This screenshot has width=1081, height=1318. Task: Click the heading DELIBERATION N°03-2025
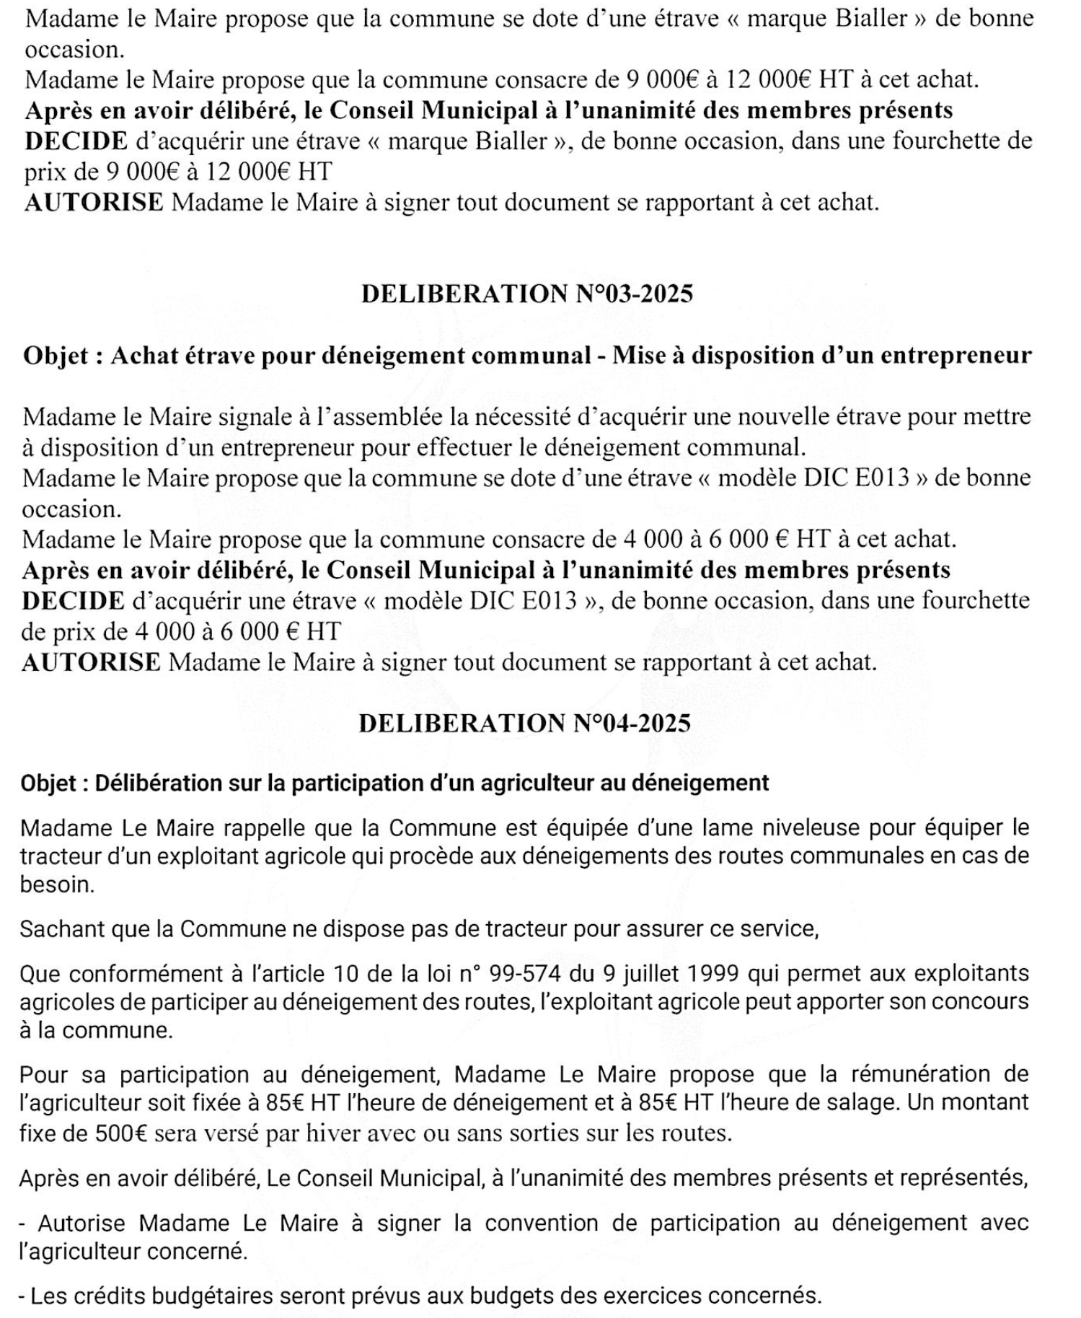[x=526, y=294]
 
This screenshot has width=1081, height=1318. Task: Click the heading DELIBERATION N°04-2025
[x=524, y=723]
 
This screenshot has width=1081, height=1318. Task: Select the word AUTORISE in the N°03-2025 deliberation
[x=91, y=662]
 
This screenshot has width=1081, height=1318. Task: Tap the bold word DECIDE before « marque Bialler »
[x=76, y=141]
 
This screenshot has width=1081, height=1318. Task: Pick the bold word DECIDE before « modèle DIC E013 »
[x=74, y=600]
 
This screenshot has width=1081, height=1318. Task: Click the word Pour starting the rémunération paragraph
[x=43, y=1074]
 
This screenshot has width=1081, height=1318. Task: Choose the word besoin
[x=57, y=884]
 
